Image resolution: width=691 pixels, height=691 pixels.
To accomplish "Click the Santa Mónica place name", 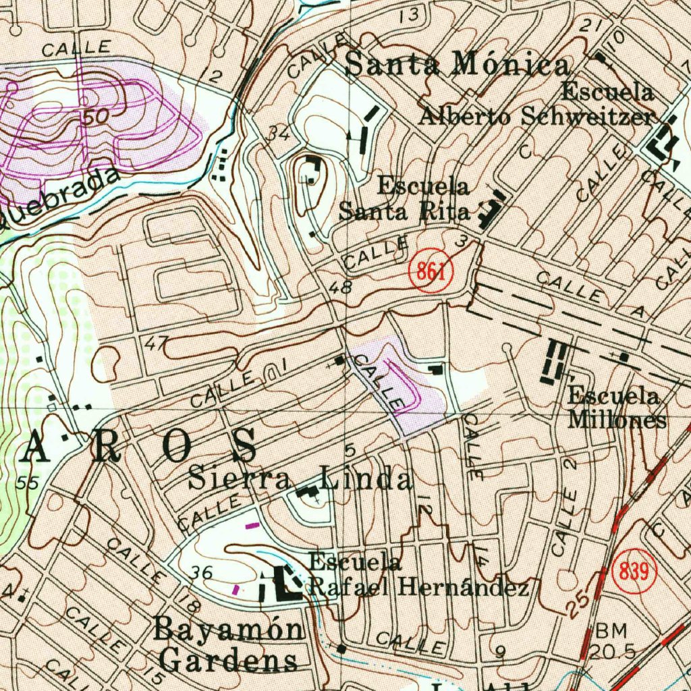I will coord(457,65).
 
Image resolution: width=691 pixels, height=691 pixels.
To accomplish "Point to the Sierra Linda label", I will coord(300,479).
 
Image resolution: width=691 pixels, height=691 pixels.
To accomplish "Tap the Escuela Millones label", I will coord(615,408).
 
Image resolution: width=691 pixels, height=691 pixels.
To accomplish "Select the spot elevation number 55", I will coord(28,483).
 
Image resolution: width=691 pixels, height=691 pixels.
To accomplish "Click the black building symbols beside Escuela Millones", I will coord(555,362).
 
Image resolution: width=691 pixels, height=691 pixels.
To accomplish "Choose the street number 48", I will coord(340,288).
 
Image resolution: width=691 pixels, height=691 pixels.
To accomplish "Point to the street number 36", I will coord(202,573).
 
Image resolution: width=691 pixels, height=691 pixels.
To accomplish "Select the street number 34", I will coord(278,134).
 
